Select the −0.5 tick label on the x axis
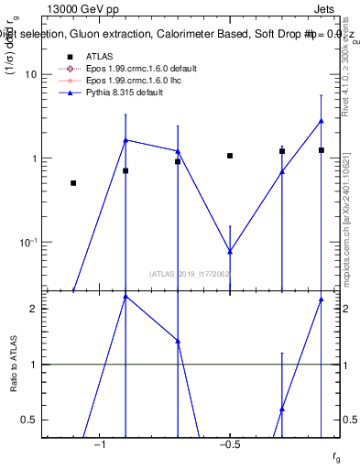(x=229, y=444)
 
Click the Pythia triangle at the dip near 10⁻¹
(x=230, y=251)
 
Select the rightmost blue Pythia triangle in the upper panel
(x=322, y=121)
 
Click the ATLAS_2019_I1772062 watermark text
(x=190, y=273)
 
